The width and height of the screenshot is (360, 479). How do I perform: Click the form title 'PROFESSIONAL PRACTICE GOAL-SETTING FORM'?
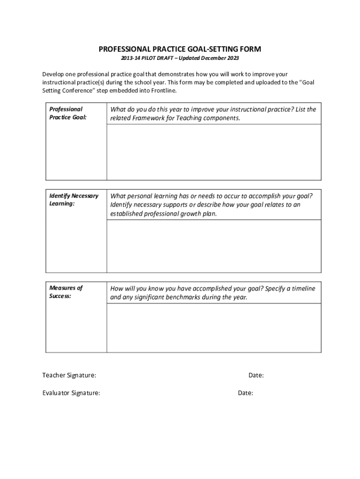[x=180, y=49]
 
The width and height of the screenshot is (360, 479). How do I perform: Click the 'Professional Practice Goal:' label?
[x=68, y=113]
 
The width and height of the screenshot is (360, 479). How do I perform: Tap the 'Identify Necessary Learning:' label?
[x=74, y=200]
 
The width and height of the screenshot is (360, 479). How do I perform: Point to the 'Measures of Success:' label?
[x=66, y=292]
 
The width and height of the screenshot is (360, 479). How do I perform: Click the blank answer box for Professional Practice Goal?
[x=214, y=152]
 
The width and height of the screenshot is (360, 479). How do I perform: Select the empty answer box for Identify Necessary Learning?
[x=214, y=246]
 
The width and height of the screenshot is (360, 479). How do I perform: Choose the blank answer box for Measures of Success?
[x=214, y=328]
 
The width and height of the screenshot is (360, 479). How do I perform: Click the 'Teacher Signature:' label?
[x=69, y=375]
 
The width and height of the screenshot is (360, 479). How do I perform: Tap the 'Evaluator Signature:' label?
[x=71, y=393]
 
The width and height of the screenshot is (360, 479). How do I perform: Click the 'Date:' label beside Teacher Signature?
[x=256, y=375]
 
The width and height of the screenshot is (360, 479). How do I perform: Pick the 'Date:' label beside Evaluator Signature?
[x=245, y=393]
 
